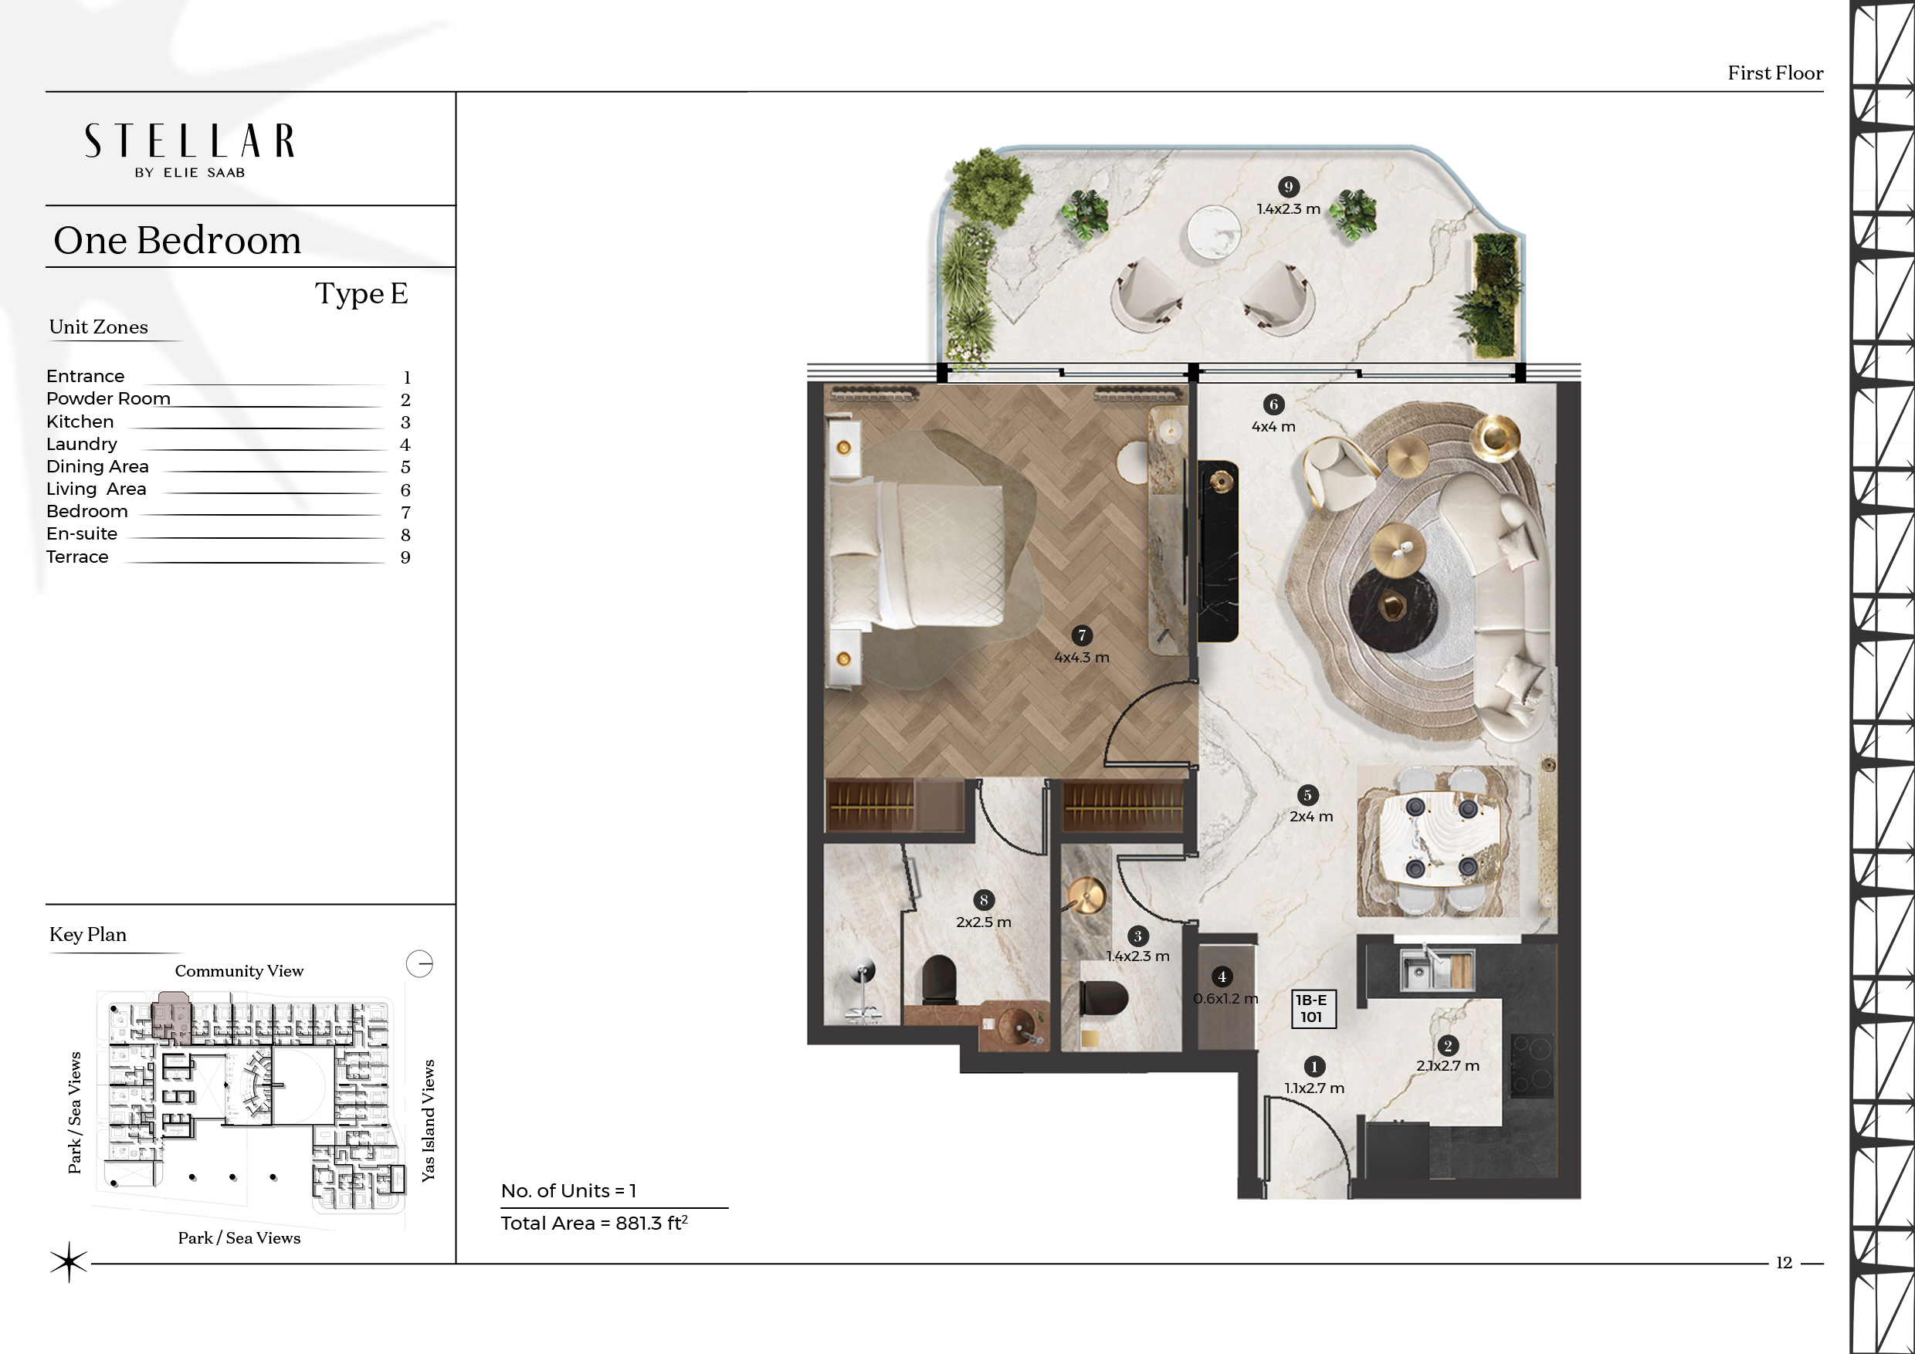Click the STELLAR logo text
point(189,141)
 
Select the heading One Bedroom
point(177,240)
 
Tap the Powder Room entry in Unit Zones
point(108,398)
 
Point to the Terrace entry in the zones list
point(77,557)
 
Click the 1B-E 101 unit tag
point(1312,1009)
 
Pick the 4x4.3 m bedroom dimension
point(1082,657)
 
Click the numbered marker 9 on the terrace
point(1289,187)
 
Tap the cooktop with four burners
point(1531,1066)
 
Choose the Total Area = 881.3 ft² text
point(594,1223)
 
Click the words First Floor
point(1775,73)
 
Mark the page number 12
point(1783,1263)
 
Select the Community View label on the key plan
point(239,970)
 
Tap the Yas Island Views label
point(428,1120)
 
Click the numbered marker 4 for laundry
point(1222,977)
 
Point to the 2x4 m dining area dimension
point(1311,816)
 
